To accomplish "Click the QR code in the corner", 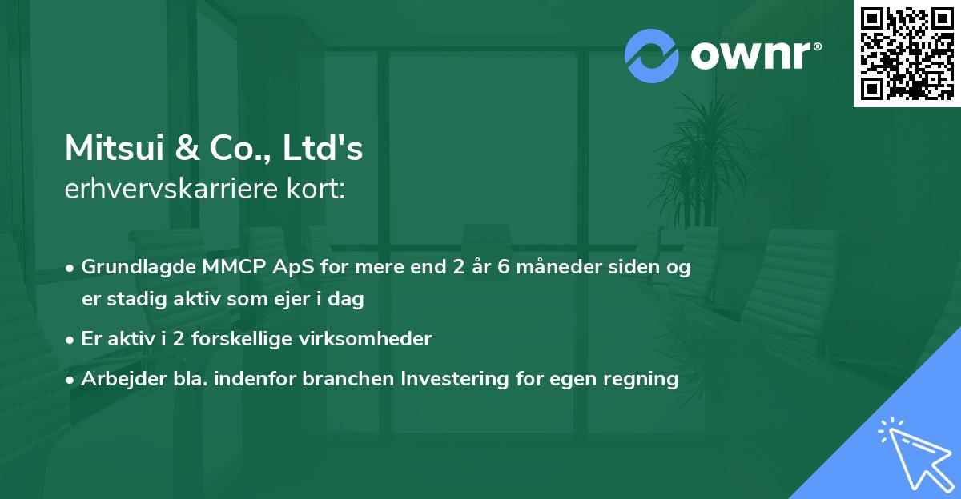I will click(907, 53).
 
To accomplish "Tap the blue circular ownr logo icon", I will click(651, 56).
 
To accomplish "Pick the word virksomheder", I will click(364, 339).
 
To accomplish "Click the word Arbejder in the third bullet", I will click(117, 379).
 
